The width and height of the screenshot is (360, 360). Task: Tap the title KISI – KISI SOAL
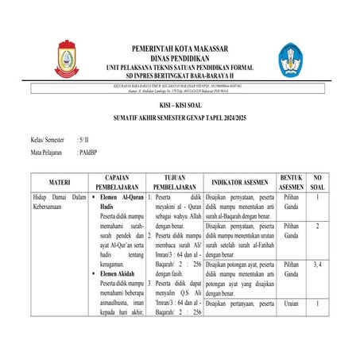pyautogui.click(x=180, y=106)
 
